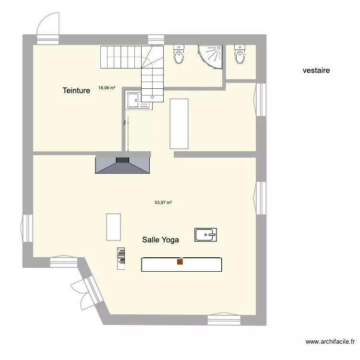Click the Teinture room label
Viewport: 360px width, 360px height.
tap(76, 90)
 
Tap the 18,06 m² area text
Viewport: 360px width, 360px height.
tap(107, 88)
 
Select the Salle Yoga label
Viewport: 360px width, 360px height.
tap(160, 240)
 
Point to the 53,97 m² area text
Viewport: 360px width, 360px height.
tap(163, 203)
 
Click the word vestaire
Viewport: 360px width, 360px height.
tap(316, 71)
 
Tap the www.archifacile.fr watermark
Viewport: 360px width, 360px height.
tap(330, 342)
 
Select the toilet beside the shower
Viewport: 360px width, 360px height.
tap(179, 54)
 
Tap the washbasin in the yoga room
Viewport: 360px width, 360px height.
tap(206, 235)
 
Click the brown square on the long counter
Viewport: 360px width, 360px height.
tap(180, 262)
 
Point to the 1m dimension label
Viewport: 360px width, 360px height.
tap(124, 123)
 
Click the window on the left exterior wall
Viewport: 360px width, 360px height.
tap(26, 229)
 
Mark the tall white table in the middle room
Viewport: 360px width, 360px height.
tap(179, 123)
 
